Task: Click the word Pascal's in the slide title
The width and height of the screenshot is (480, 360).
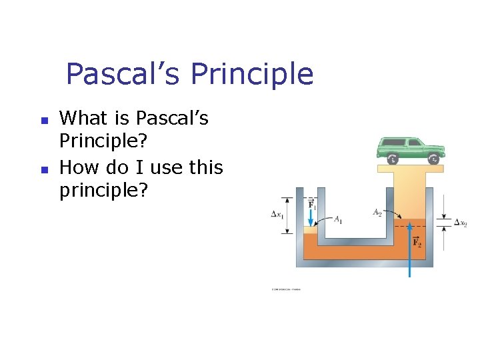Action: click(123, 74)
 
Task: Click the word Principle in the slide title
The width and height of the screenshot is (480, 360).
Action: click(251, 74)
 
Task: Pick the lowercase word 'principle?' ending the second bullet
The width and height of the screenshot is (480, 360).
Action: click(103, 191)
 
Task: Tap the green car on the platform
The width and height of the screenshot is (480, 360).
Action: click(409, 149)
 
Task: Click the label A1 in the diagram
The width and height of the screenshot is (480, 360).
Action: click(338, 218)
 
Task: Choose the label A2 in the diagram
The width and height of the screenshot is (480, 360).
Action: click(378, 213)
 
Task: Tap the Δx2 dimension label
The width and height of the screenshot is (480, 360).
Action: click(460, 223)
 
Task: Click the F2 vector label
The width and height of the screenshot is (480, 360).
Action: click(417, 243)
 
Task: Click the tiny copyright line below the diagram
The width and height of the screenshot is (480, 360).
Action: click(286, 290)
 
